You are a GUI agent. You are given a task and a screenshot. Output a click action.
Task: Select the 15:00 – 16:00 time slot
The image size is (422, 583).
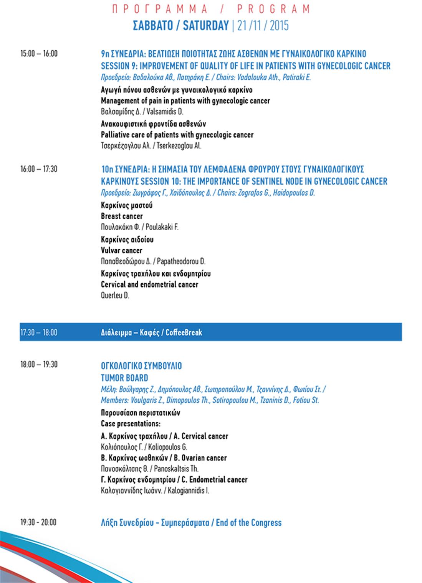pyautogui.click(x=39, y=53)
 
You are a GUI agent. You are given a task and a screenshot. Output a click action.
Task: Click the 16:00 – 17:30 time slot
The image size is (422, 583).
pyautogui.click(x=39, y=169)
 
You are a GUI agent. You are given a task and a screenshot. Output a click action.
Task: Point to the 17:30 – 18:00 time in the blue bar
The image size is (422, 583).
pyautogui.click(x=39, y=332)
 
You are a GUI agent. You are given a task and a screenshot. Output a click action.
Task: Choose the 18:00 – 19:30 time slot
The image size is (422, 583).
pyautogui.click(x=39, y=364)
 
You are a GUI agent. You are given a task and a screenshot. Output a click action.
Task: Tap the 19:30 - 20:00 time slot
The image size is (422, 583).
pyautogui.click(x=38, y=522)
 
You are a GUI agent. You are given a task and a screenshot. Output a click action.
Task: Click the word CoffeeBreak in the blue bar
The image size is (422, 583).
pyautogui.click(x=184, y=332)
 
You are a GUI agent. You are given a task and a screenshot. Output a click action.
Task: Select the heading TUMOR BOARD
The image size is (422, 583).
pyautogui.click(x=124, y=378)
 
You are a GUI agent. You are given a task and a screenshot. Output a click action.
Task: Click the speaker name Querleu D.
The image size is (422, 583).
pyautogui.click(x=115, y=296)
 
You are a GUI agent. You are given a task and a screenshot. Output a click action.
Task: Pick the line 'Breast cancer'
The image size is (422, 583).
pyautogui.click(x=122, y=216)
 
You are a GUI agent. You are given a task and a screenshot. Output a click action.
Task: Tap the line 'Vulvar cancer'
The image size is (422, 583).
pyautogui.click(x=121, y=250)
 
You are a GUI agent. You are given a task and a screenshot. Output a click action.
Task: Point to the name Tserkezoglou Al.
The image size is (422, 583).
pyautogui.click(x=179, y=146)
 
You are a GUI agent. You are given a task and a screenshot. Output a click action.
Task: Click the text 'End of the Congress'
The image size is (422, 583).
pyautogui.click(x=248, y=522)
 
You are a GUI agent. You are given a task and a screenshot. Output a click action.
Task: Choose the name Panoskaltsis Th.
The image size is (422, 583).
pyautogui.click(x=176, y=469)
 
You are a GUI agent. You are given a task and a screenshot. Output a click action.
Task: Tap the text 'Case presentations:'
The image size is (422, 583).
pyautogui.click(x=131, y=424)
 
